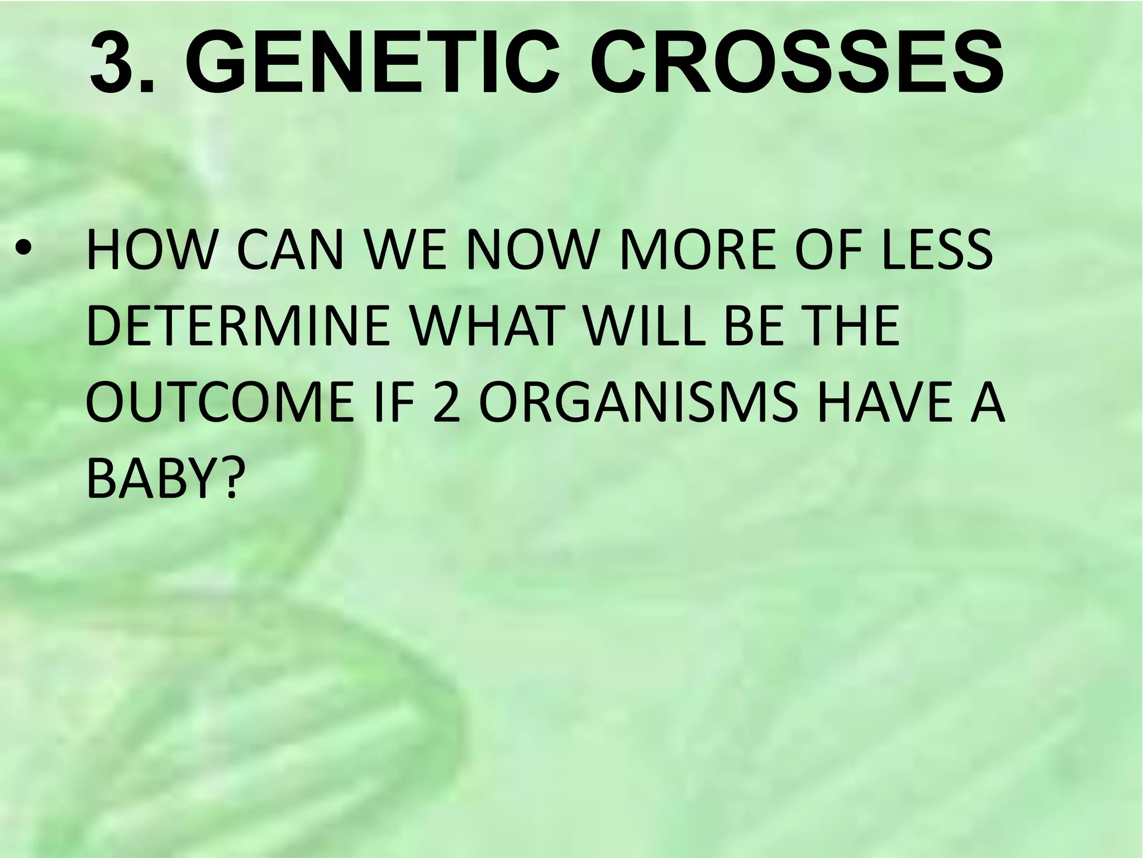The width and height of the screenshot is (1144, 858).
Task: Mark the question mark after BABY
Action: [231, 478]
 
